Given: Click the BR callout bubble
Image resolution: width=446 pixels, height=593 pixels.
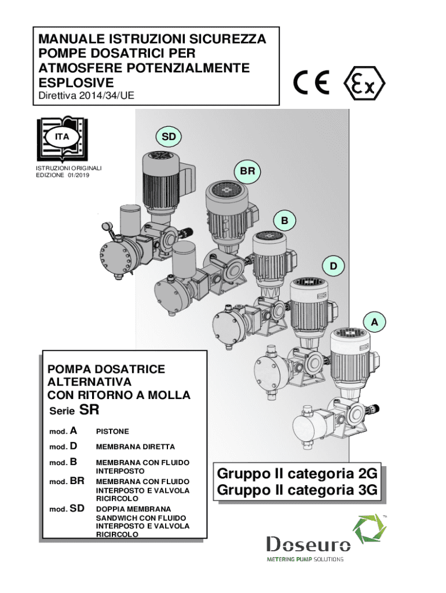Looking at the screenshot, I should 247,171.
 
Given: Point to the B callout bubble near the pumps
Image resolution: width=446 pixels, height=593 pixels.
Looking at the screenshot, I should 284,221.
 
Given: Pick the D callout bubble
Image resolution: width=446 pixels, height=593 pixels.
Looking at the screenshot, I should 333,266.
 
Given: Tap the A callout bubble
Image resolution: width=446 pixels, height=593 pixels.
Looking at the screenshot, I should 375,321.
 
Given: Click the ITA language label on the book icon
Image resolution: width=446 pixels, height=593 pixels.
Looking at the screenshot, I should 62,137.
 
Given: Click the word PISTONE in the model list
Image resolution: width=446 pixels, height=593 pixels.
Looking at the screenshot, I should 112,432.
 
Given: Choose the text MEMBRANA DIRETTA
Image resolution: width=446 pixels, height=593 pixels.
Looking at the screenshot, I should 127,447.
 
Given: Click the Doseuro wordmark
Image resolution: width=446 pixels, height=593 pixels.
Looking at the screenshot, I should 308,544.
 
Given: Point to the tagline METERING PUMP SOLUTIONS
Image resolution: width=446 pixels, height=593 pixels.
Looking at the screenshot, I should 305,559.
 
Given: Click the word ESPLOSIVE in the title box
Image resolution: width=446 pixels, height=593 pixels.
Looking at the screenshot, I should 76,83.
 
